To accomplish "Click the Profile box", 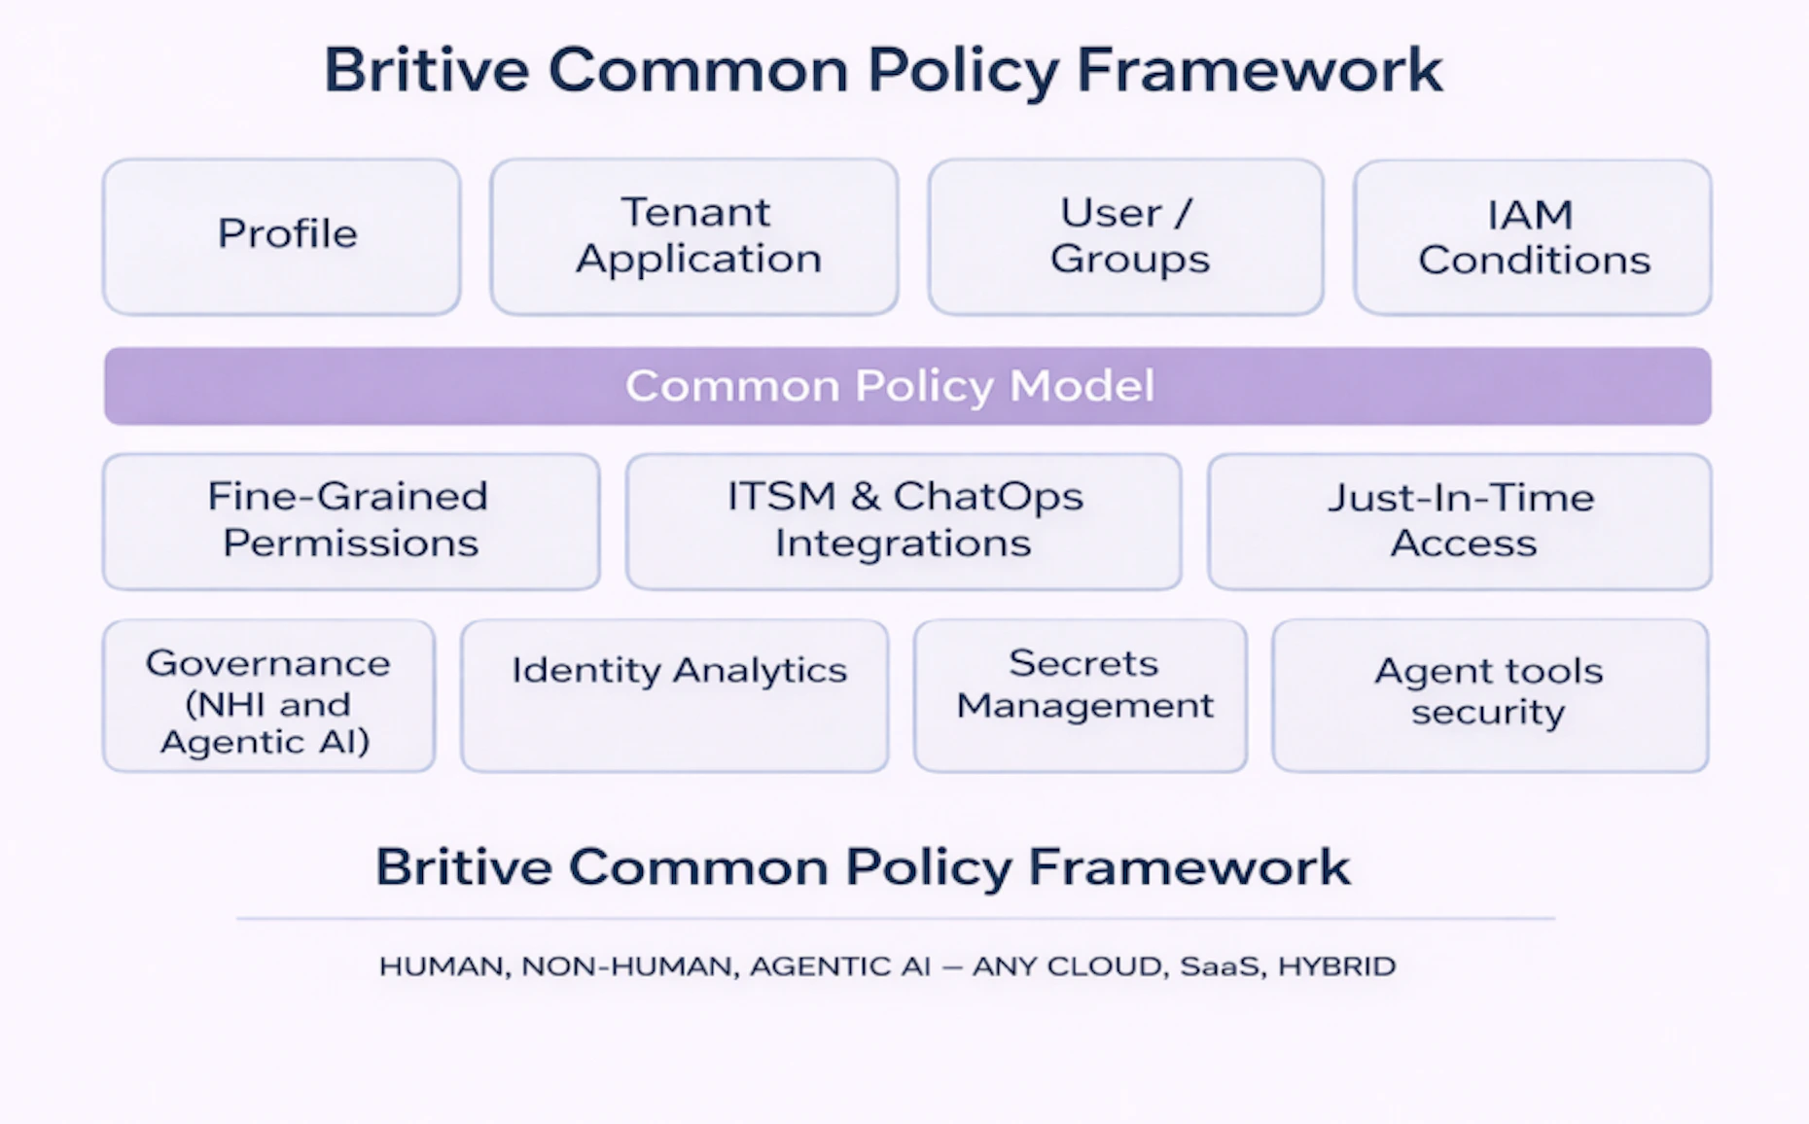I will pyautogui.click(x=282, y=236).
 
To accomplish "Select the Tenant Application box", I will pyautogui.click(x=694, y=236).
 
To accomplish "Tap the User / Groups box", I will pyautogui.click(x=1126, y=236).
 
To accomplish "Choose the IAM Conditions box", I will pyautogui.click(x=1533, y=236).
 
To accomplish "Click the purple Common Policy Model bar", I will pyautogui.click(x=907, y=386).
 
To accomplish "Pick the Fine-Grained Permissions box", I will pyautogui.click(x=350, y=520).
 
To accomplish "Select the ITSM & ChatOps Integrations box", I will pyautogui.click(x=904, y=520).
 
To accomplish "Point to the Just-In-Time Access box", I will pyautogui.click(x=1460, y=520).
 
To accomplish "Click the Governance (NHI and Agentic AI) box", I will pyautogui.click(x=268, y=696).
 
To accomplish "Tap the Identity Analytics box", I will pyautogui.click(x=675, y=696).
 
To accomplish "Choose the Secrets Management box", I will pyautogui.click(x=1081, y=696).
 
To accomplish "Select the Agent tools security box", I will pyautogui.click(x=1489, y=696).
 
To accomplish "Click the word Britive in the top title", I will pyautogui.click(x=426, y=70).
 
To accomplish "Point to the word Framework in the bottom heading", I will pyautogui.click(x=1188, y=866).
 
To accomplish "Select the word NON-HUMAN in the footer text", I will pyautogui.click(x=627, y=966).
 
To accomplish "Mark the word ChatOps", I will pyautogui.click(x=987, y=497).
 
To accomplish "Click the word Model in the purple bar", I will pyautogui.click(x=1082, y=386).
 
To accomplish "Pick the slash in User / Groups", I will pyautogui.click(x=1182, y=213).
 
